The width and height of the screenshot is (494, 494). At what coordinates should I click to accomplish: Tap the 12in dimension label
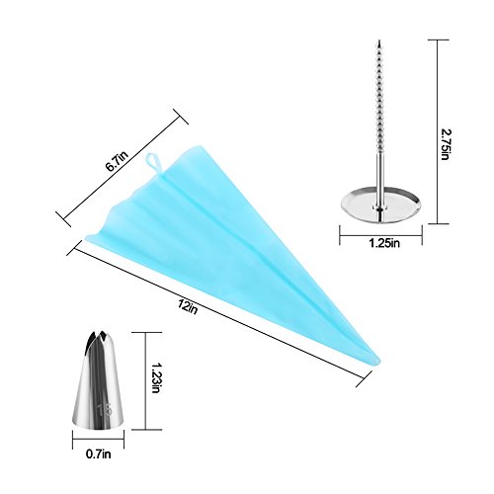point(187,307)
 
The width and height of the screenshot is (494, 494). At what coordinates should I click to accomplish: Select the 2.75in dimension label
point(445,144)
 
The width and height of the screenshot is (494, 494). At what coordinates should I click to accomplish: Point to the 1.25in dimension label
point(384,243)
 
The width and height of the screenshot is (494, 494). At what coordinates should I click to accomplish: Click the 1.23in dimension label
point(155,378)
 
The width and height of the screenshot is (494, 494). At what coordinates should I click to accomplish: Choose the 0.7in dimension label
point(99,454)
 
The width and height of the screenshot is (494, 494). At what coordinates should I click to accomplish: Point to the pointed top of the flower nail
point(379,41)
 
